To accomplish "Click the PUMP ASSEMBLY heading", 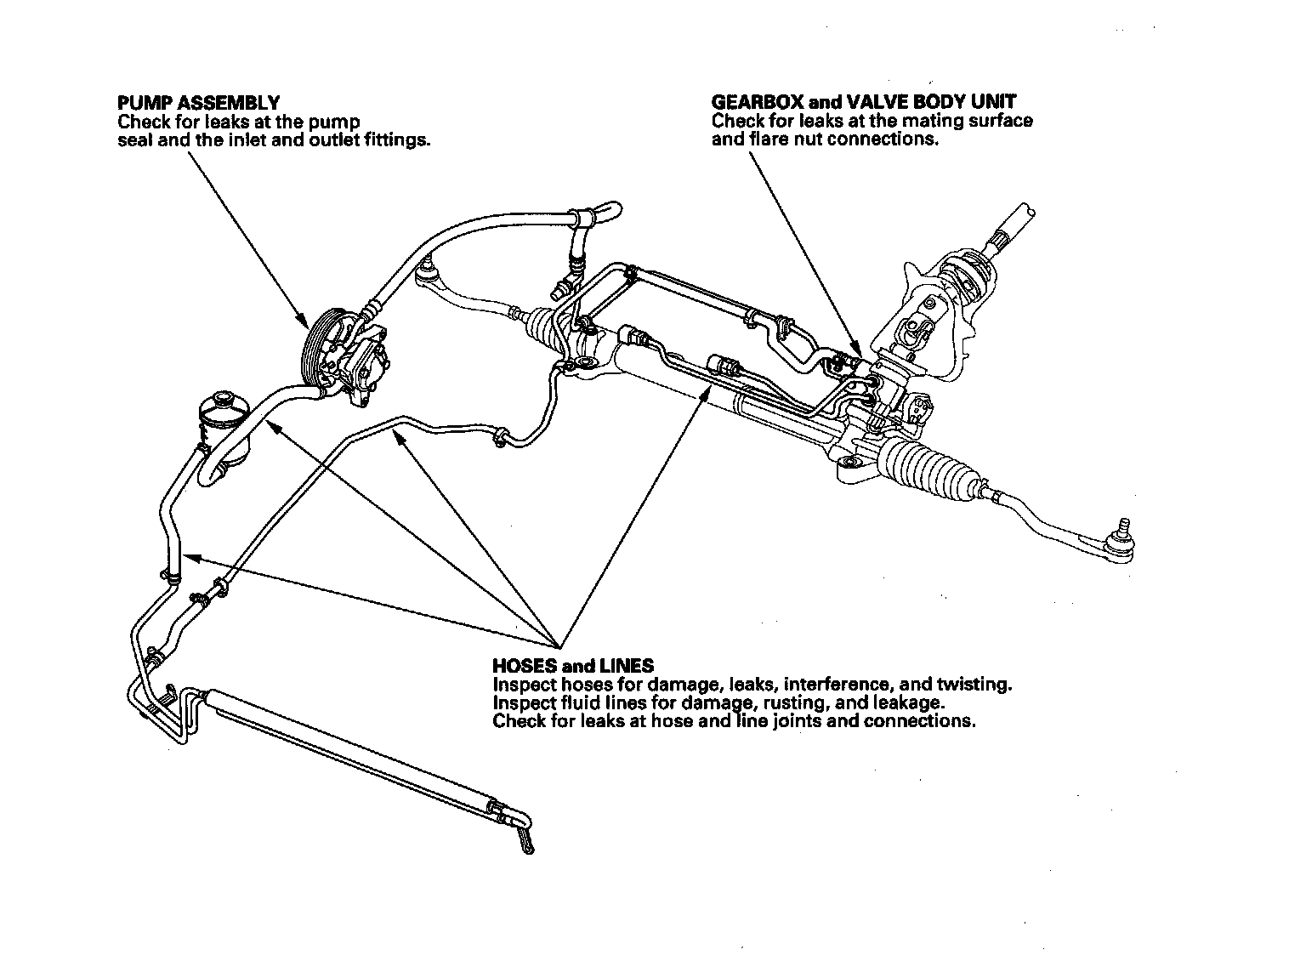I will click(198, 104).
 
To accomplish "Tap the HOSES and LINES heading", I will click(573, 665).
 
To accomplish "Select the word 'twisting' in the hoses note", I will click(973, 685).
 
